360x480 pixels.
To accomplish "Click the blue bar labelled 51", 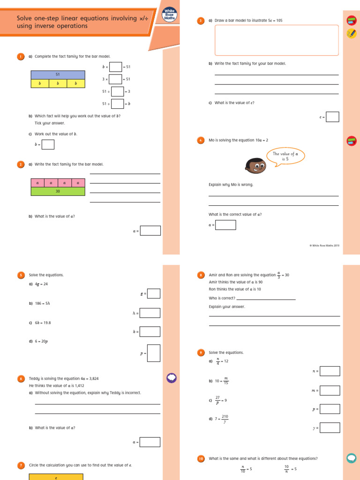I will [x=58, y=75].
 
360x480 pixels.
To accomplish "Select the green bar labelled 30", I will [x=58, y=191].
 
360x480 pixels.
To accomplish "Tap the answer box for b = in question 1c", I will [x=48, y=144].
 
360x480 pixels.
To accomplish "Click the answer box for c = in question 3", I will [x=332, y=117].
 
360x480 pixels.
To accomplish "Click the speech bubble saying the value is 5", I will [x=285, y=156].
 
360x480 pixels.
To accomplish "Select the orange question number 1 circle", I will [x=21, y=57].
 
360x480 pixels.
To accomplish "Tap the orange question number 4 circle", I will [x=201, y=140].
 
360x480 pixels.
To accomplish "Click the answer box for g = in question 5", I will [x=154, y=293].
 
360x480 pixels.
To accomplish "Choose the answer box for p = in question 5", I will [x=154, y=353].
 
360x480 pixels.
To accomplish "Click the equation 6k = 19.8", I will [x=45, y=322].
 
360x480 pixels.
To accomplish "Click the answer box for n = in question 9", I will [x=330, y=371].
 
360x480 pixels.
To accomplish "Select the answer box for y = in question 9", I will [x=330, y=427].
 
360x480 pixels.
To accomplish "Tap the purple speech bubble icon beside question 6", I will [x=171, y=378].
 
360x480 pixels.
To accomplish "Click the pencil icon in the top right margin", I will [x=351, y=33].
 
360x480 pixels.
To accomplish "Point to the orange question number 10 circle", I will [x=201, y=459].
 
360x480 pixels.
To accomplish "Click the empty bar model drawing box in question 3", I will [x=277, y=40].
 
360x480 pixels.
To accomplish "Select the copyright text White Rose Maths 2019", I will [x=324, y=245].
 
